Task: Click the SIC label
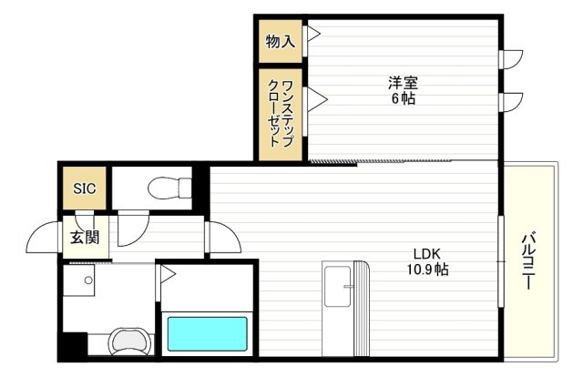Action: [84, 188]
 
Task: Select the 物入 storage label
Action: [280, 41]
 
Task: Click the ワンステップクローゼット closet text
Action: [281, 115]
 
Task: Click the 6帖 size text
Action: [404, 98]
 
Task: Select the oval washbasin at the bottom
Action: [128, 342]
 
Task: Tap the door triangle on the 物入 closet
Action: [313, 36]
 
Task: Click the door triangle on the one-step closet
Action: [316, 99]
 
